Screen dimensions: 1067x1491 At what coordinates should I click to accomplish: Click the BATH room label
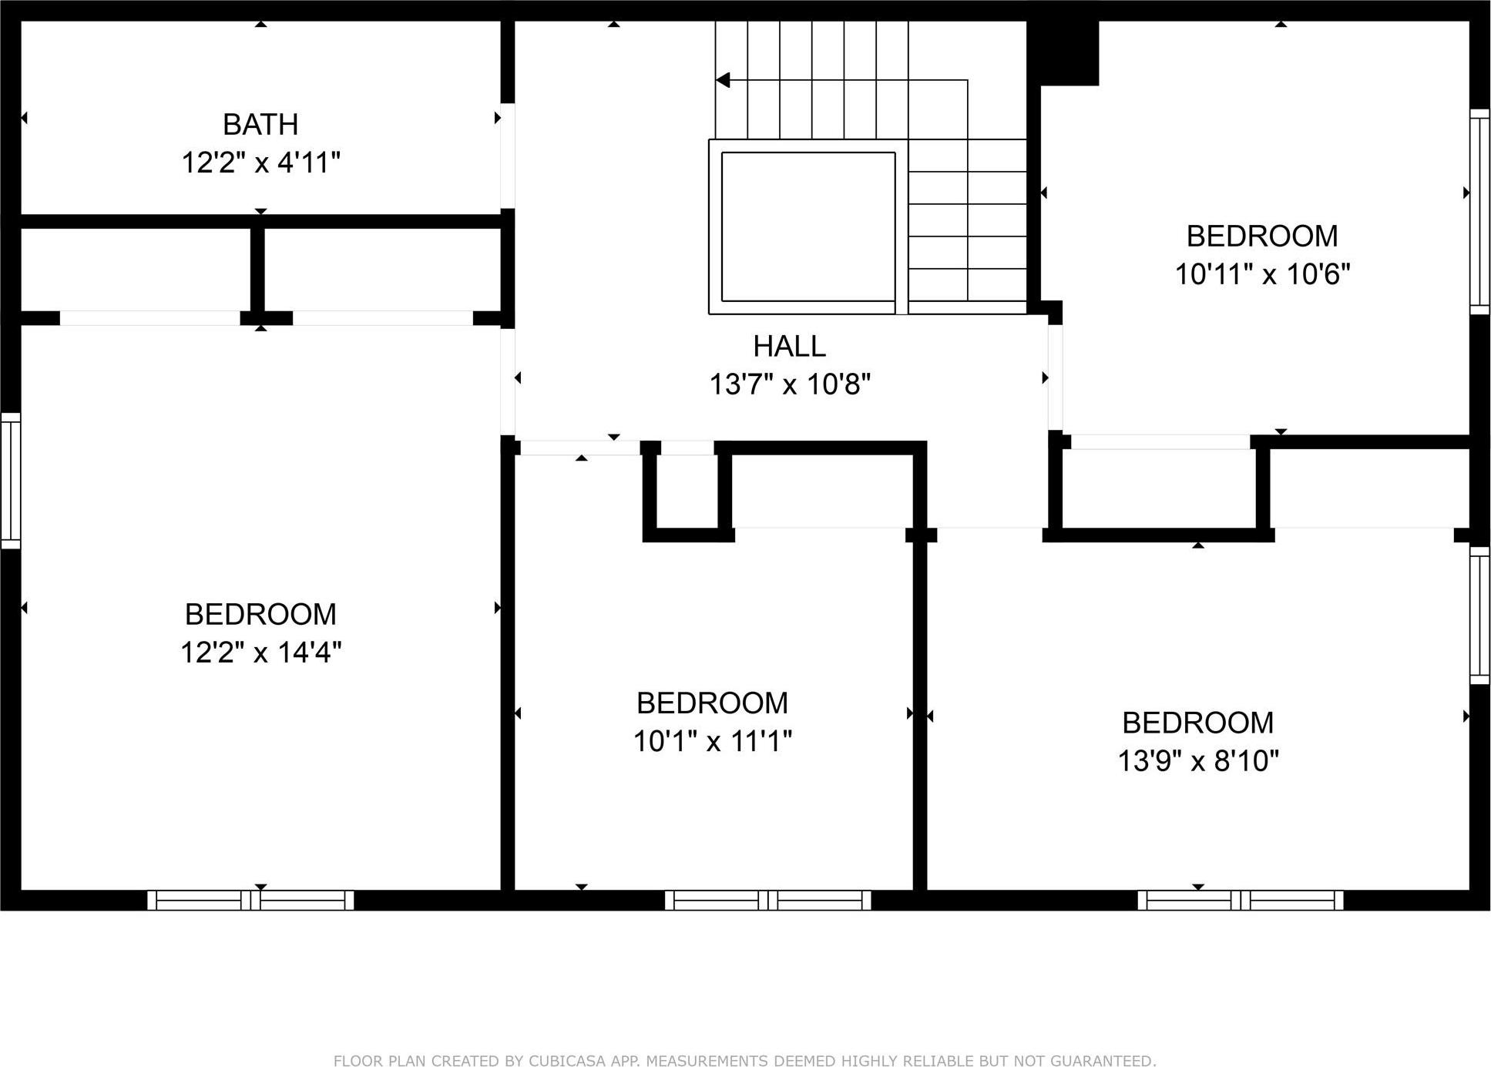(x=260, y=124)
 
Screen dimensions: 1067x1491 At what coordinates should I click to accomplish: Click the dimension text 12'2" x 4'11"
(x=260, y=163)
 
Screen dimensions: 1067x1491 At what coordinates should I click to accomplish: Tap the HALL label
(x=789, y=346)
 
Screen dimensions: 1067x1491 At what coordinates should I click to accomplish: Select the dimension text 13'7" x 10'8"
(x=789, y=384)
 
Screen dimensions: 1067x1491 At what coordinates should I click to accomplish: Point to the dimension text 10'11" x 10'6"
(x=1262, y=274)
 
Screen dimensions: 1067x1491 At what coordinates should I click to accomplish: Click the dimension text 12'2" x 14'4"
(x=260, y=653)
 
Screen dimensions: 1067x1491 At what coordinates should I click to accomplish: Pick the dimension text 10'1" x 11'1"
(x=712, y=741)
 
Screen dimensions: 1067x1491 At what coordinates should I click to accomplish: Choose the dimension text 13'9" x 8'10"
(x=1197, y=761)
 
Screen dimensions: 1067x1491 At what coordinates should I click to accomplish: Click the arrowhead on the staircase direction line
(x=723, y=80)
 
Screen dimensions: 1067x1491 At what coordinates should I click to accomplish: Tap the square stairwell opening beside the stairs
(x=808, y=226)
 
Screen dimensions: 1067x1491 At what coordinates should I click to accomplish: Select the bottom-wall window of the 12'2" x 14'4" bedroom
(x=250, y=900)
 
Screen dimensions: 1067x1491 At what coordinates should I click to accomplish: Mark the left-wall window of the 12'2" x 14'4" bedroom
(x=11, y=481)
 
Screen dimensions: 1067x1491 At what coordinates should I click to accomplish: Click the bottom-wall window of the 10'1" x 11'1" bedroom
(x=767, y=900)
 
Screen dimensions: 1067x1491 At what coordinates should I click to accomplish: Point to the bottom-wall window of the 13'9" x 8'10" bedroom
(x=1240, y=900)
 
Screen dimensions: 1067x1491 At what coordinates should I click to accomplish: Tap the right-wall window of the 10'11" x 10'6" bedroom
(x=1479, y=211)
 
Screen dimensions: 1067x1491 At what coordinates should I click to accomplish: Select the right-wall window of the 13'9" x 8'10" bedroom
(x=1479, y=615)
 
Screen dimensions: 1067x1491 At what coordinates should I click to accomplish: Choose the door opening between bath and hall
(x=507, y=156)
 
